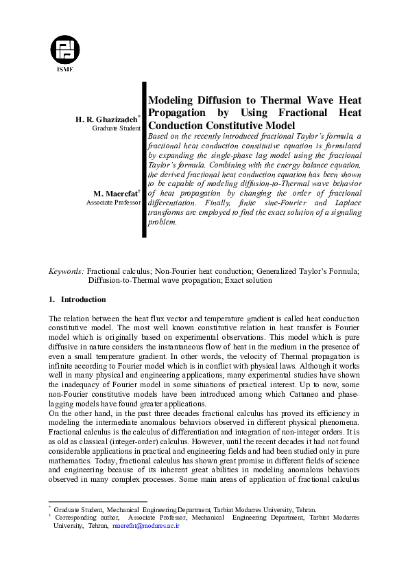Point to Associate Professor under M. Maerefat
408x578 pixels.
113,203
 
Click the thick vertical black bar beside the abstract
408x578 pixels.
144,159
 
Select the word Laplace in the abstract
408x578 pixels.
344,213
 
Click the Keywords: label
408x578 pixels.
67,271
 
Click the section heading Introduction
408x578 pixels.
83,299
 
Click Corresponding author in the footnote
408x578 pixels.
87,517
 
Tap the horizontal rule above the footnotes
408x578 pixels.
97,502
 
